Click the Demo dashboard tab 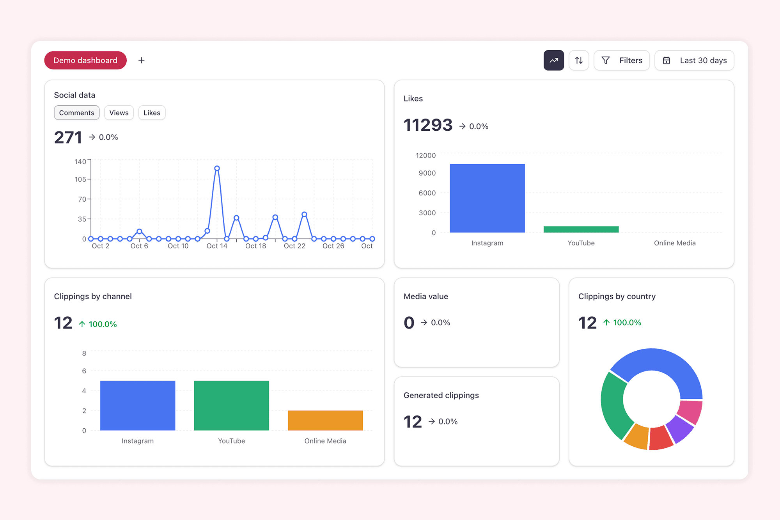click(85, 60)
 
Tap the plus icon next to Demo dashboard click(142, 60)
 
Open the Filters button click(622, 60)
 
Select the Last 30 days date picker click(694, 60)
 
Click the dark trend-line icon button click(554, 60)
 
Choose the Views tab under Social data click(119, 113)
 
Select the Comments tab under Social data click(77, 113)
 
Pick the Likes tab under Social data click(152, 113)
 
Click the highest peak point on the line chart click(217, 169)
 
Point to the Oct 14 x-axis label click(217, 246)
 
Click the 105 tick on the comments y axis click(80, 179)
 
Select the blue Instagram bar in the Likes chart click(487, 198)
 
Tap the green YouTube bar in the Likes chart click(581, 229)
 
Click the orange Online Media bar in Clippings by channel click(325, 421)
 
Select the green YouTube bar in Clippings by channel click(231, 406)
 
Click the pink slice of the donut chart click(690, 412)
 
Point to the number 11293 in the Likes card click(428, 125)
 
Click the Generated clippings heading click(441, 395)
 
